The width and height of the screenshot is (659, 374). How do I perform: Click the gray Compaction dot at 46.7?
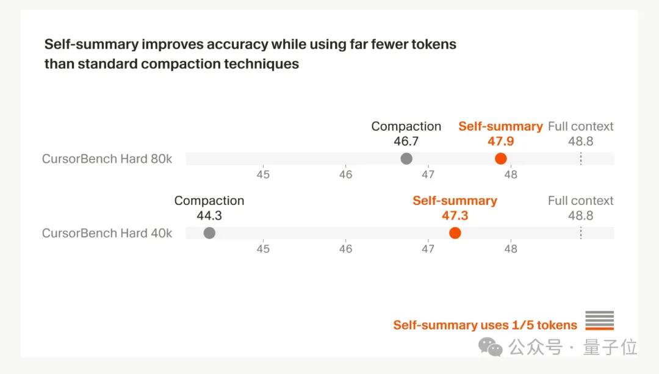point(406,159)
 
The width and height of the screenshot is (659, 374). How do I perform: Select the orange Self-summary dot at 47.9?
point(501,159)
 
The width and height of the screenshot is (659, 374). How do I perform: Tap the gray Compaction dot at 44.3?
point(209,232)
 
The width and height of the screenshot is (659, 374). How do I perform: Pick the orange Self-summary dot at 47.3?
point(455,232)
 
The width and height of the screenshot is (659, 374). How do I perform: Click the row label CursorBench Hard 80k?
point(107,159)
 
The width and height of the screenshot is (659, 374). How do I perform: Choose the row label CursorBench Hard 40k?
point(107,233)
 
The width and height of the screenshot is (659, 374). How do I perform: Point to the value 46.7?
point(406,142)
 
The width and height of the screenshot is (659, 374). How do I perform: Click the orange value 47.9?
point(500,142)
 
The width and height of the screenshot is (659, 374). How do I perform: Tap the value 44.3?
point(209,215)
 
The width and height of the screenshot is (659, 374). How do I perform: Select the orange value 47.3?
point(455,215)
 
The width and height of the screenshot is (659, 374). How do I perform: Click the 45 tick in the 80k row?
point(263,174)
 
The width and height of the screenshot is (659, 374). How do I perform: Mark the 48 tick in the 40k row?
point(511,248)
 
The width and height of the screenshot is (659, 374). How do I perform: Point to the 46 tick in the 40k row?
point(346,248)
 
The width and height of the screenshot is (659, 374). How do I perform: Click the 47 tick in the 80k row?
point(428,174)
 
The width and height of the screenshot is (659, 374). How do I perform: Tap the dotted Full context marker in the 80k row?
point(580,159)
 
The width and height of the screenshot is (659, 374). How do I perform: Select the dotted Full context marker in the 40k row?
point(580,232)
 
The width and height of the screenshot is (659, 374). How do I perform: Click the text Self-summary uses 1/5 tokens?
point(485,325)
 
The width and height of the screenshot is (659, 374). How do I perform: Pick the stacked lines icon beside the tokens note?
point(599,320)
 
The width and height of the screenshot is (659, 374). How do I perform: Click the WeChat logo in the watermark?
point(491,347)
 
